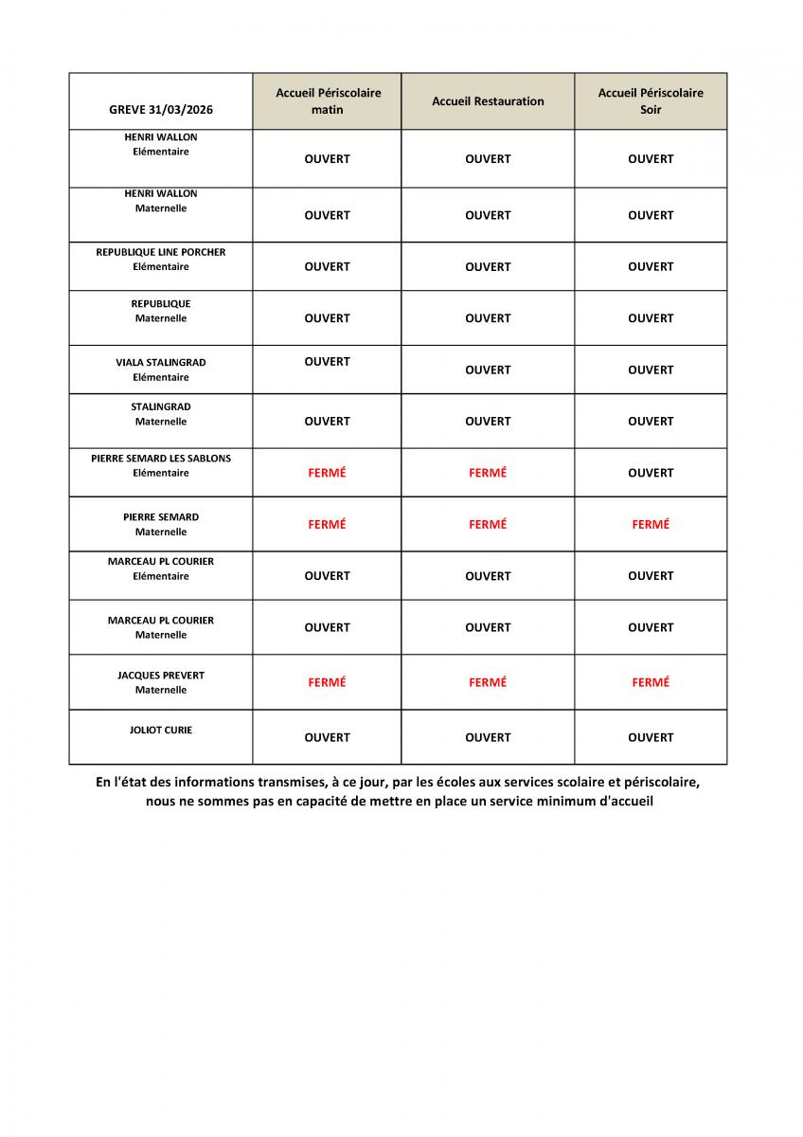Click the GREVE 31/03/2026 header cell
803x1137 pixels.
161,110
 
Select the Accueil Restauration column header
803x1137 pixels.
488,101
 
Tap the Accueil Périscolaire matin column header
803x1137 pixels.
328,101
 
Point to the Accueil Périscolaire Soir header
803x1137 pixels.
651,101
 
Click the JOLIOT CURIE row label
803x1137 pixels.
161,731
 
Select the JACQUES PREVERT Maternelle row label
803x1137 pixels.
161,682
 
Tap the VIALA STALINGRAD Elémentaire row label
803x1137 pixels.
161,370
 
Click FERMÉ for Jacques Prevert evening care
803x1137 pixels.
651,682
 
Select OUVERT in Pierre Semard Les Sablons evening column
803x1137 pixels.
651,473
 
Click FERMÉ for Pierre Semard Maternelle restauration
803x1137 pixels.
488,524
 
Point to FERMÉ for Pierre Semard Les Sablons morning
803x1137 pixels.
328,473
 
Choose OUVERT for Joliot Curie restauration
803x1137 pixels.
488,737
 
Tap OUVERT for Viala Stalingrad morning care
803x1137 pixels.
328,362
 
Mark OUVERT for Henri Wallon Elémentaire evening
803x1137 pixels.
651,159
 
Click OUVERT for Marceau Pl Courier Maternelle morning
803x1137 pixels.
328,627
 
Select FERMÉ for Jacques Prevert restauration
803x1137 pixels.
488,682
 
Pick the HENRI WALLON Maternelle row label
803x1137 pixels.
161,201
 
